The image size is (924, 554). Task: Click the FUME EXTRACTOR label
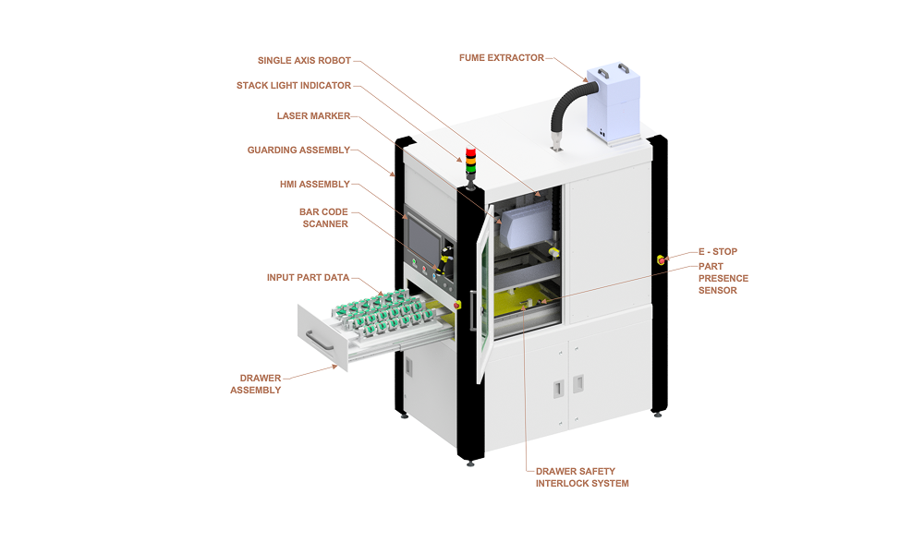pos(501,57)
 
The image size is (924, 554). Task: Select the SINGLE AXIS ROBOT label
pos(304,61)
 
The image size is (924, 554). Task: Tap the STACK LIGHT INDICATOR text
pos(294,86)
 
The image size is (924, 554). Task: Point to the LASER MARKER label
pos(313,116)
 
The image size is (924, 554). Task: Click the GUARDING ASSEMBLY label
pos(298,150)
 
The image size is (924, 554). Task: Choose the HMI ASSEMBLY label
pos(314,184)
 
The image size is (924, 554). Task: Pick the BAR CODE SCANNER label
pos(323,218)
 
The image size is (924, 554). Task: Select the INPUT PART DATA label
pos(308,277)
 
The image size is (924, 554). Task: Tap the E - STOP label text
pos(717,251)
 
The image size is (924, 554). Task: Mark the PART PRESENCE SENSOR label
pos(723,278)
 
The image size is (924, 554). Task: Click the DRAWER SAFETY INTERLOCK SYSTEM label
pos(582,477)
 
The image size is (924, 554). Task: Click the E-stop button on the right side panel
pos(661,260)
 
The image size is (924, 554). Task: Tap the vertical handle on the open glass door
pos(472,310)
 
